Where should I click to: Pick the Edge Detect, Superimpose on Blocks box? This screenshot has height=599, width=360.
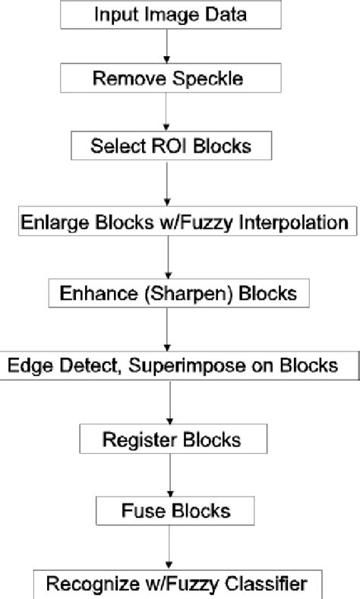(x=174, y=365)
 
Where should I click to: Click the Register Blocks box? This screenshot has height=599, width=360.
(x=173, y=439)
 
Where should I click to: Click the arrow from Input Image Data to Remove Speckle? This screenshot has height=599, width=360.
(x=166, y=46)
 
